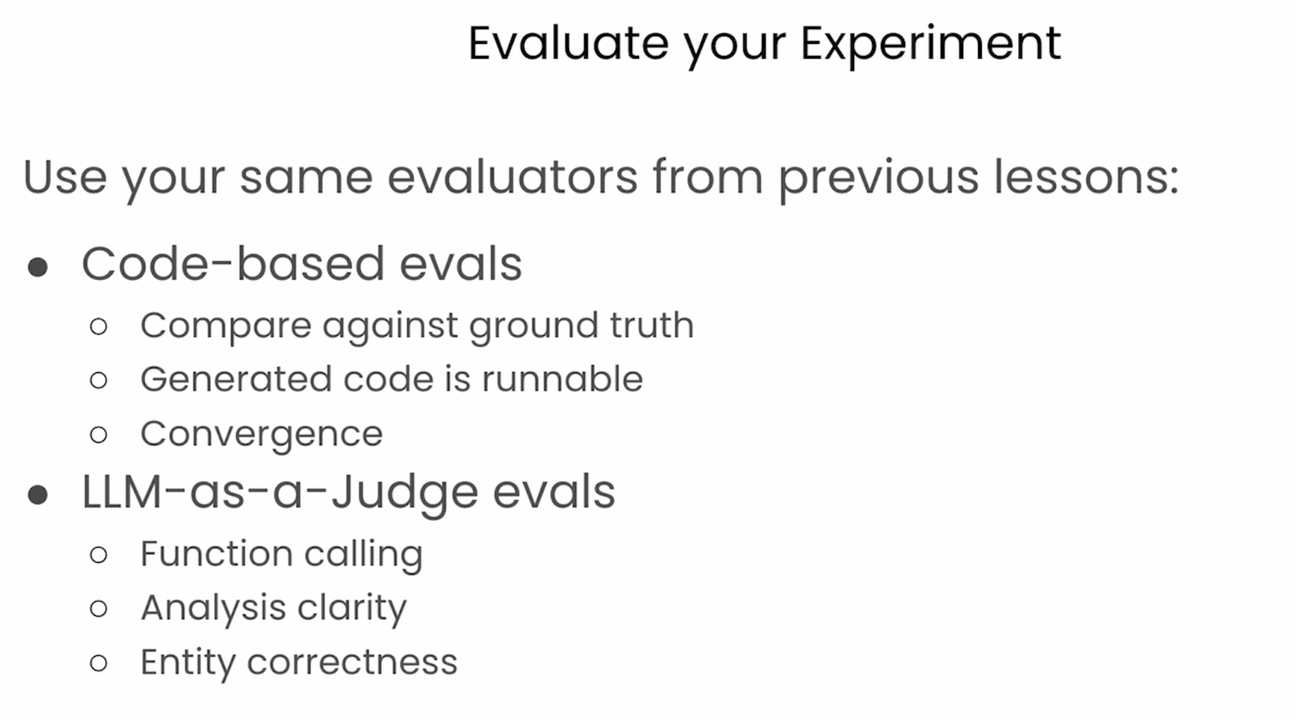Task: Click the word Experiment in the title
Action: click(x=930, y=45)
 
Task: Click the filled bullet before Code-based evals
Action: click(x=38, y=268)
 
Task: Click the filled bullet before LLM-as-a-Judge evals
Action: click(x=38, y=495)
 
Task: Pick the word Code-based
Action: click(x=233, y=264)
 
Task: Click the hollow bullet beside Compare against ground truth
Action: click(x=99, y=326)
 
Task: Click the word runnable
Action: click(x=562, y=379)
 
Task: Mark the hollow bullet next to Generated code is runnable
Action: click(x=99, y=380)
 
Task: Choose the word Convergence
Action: click(x=261, y=435)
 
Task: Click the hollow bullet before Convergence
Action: click(x=99, y=435)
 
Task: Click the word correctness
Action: click(x=352, y=662)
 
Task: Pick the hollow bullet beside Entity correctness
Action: click(x=99, y=663)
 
